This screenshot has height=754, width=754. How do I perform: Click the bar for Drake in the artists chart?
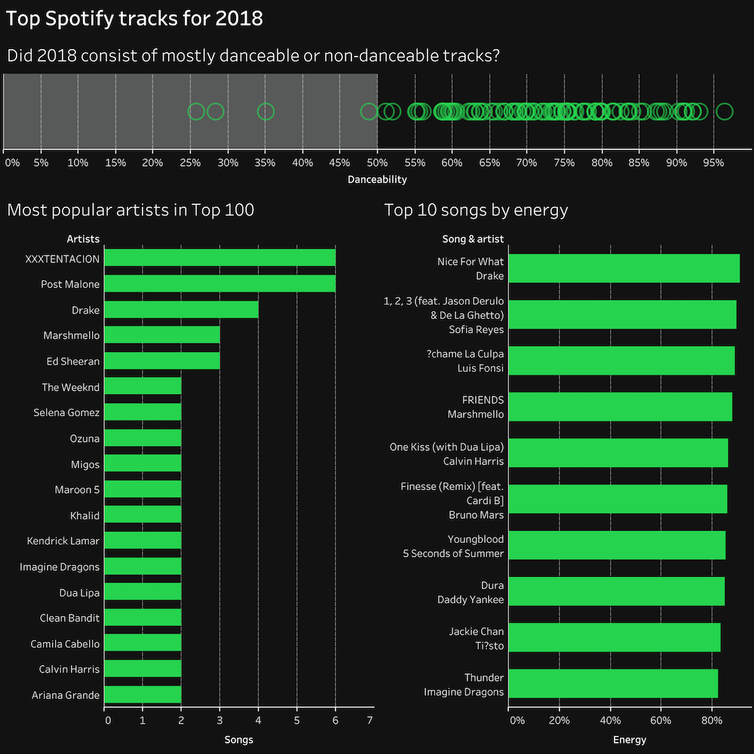(x=181, y=310)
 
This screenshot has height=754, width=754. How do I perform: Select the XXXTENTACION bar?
(x=219, y=259)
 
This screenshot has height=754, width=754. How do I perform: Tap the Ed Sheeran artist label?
(x=72, y=361)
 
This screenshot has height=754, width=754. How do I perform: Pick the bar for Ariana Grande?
(x=143, y=694)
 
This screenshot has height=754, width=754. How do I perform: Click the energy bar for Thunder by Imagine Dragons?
(x=613, y=684)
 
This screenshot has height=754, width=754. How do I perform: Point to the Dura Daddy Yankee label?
(x=470, y=592)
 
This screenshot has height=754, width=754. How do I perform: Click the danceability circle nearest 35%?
(x=265, y=112)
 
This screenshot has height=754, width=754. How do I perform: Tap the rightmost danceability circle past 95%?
(x=724, y=112)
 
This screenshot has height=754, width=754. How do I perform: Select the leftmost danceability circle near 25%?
(x=196, y=112)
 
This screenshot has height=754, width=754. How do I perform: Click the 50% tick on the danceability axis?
(x=377, y=162)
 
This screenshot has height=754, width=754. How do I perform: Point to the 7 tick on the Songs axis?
(x=369, y=721)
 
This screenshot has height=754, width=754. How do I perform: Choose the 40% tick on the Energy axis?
(x=610, y=721)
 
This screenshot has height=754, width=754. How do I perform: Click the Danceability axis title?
(x=377, y=179)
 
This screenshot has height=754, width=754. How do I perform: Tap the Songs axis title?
(x=238, y=740)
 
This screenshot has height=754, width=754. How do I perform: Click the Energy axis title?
(x=629, y=740)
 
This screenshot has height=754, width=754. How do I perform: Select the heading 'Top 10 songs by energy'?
(x=476, y=210)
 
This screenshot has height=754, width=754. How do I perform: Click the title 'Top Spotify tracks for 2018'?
(x=135, y=18)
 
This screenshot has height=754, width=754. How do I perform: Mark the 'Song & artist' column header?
(x=473, y=239)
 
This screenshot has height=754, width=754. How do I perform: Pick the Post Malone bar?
(x=219, y=284)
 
